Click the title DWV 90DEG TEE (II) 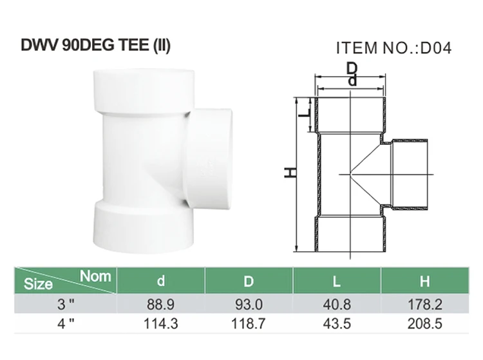point(97,46)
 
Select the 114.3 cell point(161,323)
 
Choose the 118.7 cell point(249,323)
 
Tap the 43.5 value point(337,323)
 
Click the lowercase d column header point(161,281)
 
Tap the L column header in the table point(337,281)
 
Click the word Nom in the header point(95,276)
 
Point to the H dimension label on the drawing point(291,173)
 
